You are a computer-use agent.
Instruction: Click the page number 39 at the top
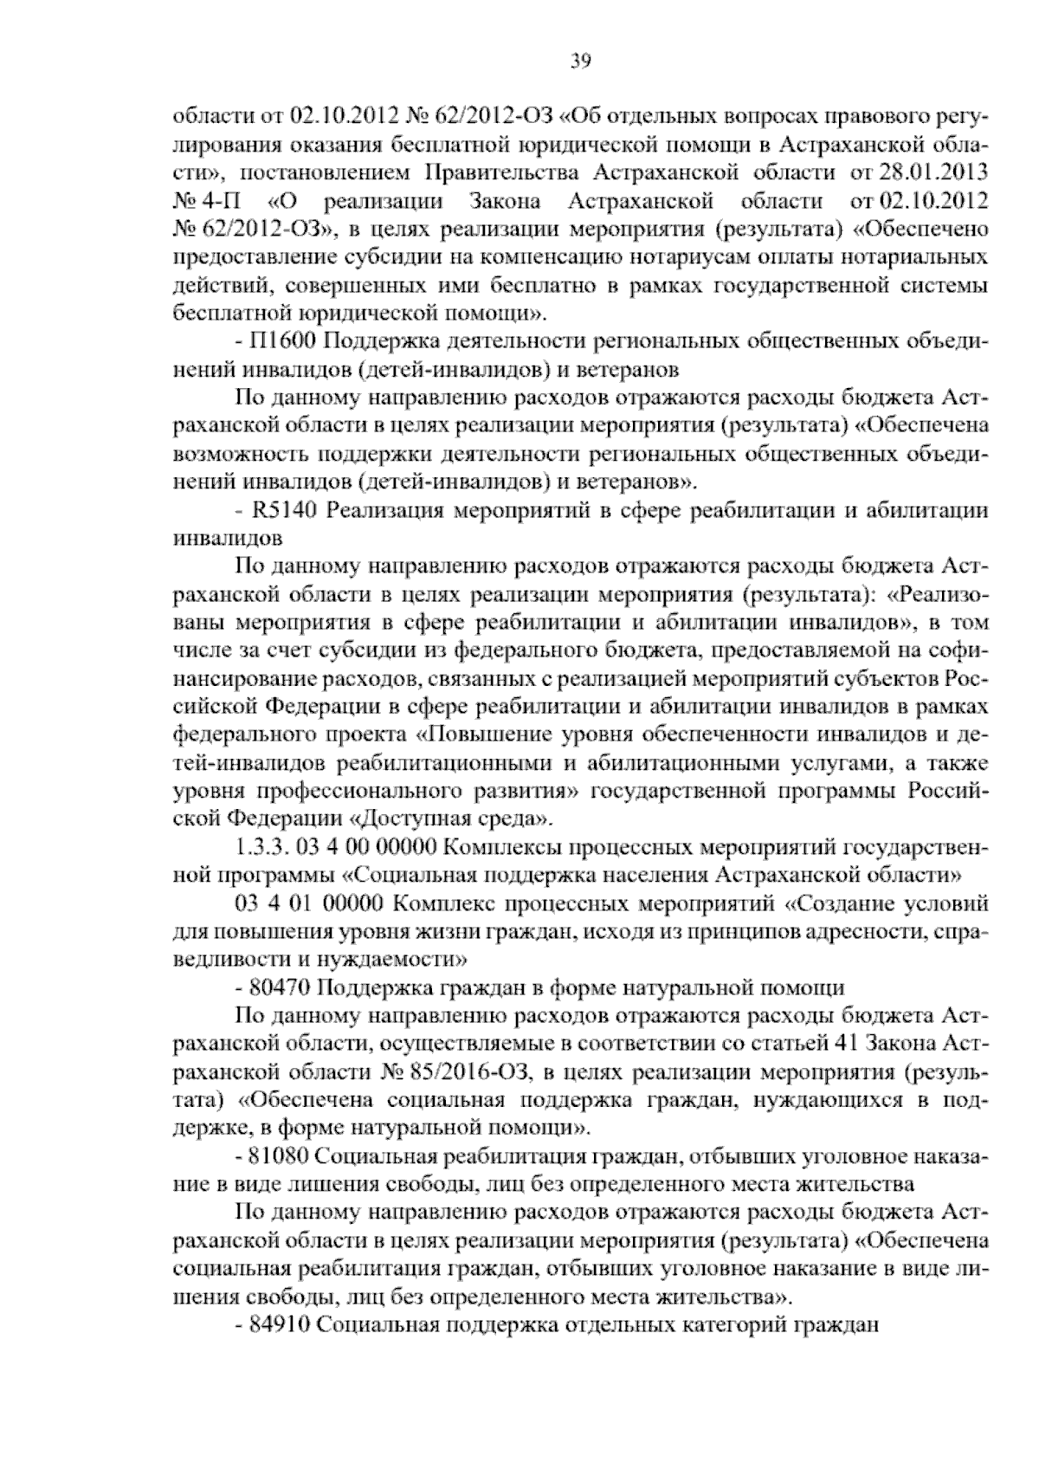tap(580, 60)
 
